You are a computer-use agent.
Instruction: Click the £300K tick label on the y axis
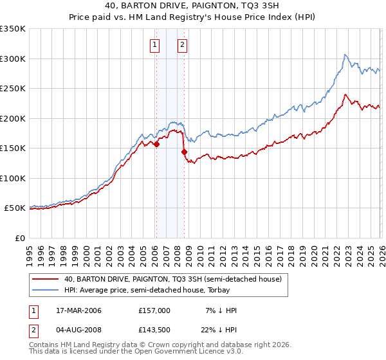(x=13, y=59)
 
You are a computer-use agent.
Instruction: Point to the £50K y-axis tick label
(x=15, y=208)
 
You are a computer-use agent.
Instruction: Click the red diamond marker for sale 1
(x=156, y=144)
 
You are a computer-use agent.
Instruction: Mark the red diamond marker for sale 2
(x=184, y=152)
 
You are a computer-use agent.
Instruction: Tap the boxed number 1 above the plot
(x=156, y=44)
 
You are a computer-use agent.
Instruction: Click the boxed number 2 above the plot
(x=183, y=44)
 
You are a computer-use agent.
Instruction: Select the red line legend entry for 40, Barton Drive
(x=172, y=279)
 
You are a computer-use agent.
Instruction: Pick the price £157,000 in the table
(x=154, y=310)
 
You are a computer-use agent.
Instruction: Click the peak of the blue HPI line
(x=345, y=55)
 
